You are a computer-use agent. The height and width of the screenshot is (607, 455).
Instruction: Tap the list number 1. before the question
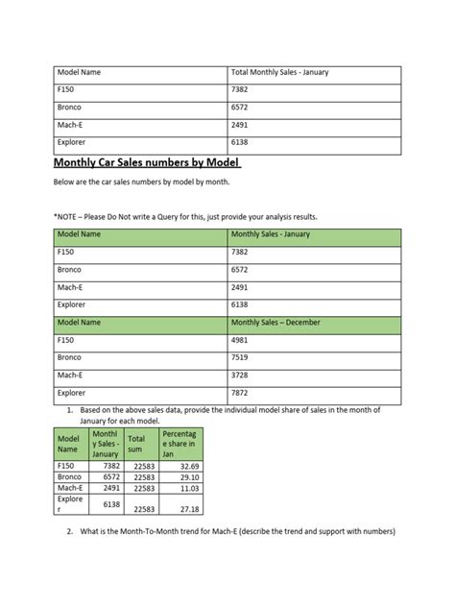pos(70,410)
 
